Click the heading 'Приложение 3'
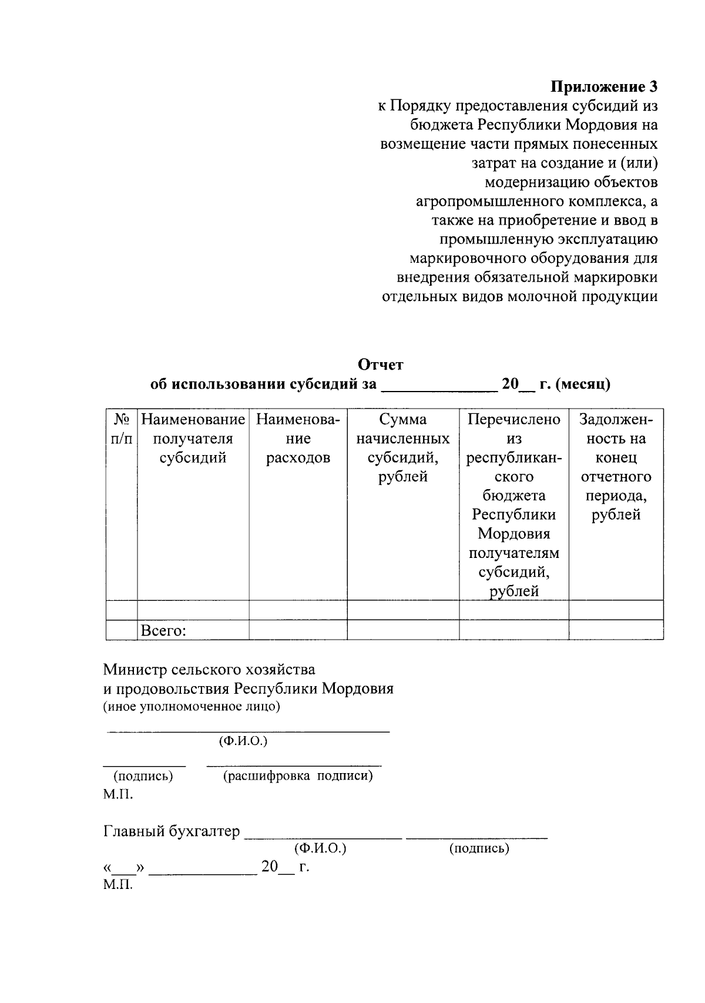[x=603, y=87]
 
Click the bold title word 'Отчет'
[x=381, y=365]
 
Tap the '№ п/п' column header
[x=121, y=429]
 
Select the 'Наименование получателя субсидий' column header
[x=193, y=439]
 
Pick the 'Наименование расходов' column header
[x=298, y=439]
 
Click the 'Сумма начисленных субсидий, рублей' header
[x=402, y=448]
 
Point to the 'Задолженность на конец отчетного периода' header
[x=615, y=467]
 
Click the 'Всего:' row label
[x=163, y=631]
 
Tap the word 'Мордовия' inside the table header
[x=513, y=534]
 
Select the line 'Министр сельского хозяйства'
[x=209, y=669]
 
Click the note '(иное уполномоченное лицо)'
[x=192, y=707]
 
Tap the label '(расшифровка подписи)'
[x=298, y=775]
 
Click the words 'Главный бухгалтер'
[x=172, y=831]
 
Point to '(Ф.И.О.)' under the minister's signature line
[x=243, y=741]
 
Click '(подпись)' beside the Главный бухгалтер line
[x=479, y=848]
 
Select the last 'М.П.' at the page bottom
[x=118, y=884]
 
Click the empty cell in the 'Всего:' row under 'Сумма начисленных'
[x=402, y=630]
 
